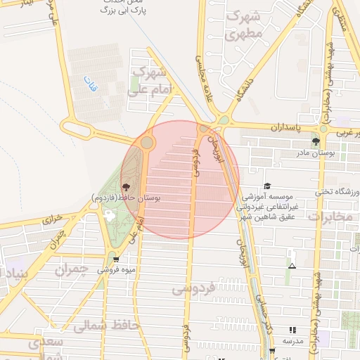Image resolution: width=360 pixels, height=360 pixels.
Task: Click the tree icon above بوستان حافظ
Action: pyautogui.click(x=126, y=188)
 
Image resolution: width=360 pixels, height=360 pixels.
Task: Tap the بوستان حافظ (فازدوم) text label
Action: pyautogui.click(x=127, y=199)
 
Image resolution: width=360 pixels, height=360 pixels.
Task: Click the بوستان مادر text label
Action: pyautogui.click(x=334, y=153)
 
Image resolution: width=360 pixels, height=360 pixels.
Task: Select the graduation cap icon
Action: pyautogui.click(x=266, y=186)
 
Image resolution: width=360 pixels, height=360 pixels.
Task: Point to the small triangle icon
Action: pyautogui.click(x=292, y=266)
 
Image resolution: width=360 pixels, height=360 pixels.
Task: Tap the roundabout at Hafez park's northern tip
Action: pyautogui.click(x=147, y=143)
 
